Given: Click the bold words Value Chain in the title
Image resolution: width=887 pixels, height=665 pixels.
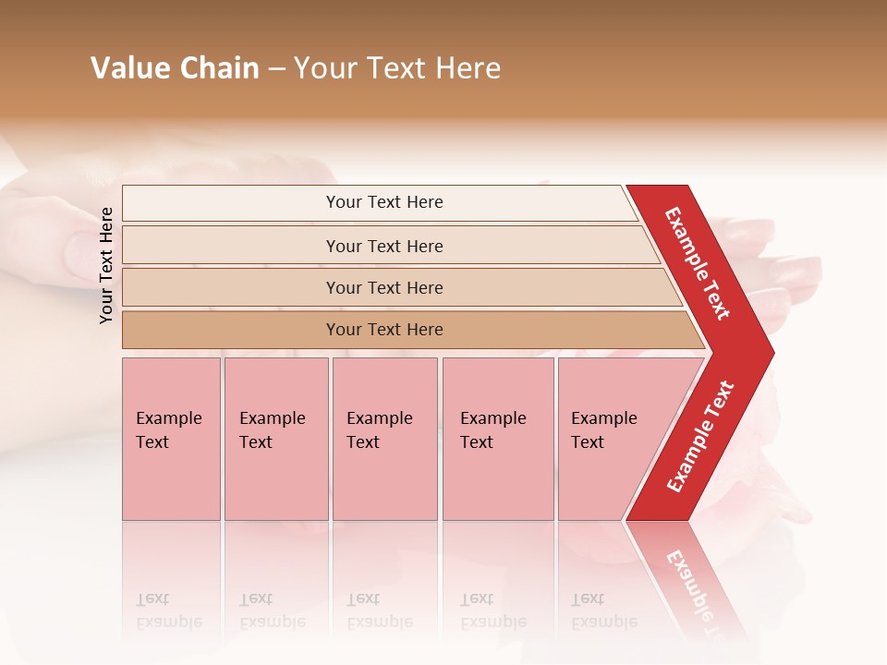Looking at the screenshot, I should point(175,68).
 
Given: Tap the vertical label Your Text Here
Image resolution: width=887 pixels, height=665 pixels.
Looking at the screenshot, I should point(106,265).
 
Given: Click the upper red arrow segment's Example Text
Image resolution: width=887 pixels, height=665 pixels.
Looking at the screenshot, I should point(698,263).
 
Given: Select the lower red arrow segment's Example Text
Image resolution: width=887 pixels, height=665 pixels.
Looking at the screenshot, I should point(700,436).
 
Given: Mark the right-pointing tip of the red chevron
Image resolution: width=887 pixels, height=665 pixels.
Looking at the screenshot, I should point(770,352).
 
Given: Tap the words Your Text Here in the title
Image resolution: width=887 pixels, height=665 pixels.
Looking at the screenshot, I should point(397,68).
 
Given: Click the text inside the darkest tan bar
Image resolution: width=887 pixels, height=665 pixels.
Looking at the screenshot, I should point(384,330).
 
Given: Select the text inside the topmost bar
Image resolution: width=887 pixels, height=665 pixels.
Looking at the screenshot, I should point(384,202).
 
